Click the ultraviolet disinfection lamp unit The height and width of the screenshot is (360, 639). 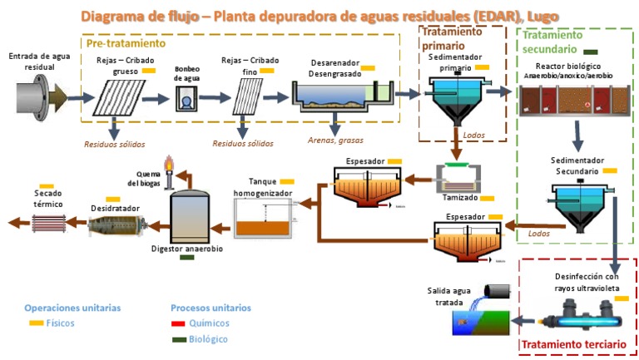(x=587, y=318)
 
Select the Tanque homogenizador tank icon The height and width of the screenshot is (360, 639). (x=264, y=221)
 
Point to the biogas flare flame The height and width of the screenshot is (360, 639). (x=170, y=162)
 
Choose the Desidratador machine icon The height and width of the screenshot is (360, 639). (x=116, y=223)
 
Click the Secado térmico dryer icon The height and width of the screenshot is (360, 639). (x=52, y=221)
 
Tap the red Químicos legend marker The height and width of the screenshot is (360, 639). (x=177, y=323)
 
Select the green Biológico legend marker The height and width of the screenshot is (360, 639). (x=177, y=339)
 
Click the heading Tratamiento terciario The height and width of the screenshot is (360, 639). (x=572, y=345)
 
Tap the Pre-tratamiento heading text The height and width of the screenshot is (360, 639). (x=126, y=42)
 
